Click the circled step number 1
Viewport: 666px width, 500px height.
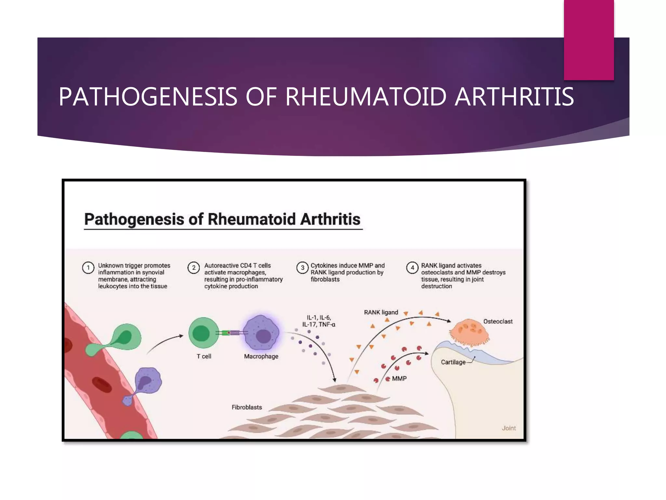pos(88,268)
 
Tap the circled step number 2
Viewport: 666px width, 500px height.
pos(194,268)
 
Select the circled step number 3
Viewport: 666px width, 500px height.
pos(302,268)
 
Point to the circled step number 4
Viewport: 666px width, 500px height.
pos(412,268)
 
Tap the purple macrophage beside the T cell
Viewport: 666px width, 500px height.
pos(261,333)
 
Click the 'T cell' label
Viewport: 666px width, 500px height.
pos(204,356)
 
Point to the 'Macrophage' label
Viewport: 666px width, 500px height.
pos(261,356)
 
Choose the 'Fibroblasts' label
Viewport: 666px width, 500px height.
pos(246,407)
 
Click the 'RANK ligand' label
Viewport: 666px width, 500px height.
pos(381,312)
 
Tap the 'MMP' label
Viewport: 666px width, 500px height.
pos(399,379)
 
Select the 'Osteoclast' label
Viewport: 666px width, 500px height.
pos(498,322)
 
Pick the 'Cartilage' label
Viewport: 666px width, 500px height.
pos(453,362)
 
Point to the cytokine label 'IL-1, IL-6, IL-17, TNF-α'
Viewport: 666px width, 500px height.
pos(319,321)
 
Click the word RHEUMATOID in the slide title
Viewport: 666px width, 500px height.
pos(366,97)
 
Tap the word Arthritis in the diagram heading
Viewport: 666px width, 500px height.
pos(330,219)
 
